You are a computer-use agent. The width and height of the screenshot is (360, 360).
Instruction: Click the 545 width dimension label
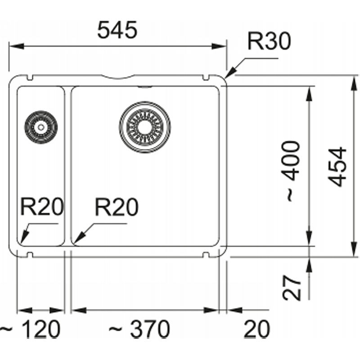coord(117,30)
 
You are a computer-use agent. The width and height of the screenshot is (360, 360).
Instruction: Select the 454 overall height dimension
coord(337,166)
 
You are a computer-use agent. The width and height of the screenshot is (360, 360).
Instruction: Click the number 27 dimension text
coord(292,288)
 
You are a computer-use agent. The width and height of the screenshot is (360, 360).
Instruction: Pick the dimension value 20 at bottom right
coord(256,329)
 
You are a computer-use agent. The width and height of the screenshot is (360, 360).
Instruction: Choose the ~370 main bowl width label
coord(139,329)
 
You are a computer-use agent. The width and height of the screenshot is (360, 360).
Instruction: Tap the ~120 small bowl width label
coord(30,329)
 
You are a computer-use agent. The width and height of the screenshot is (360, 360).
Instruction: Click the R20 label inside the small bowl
coord(42,207)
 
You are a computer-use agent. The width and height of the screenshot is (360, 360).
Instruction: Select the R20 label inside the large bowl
coord(117,207)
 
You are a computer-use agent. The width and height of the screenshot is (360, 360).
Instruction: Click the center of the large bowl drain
coord(144,127)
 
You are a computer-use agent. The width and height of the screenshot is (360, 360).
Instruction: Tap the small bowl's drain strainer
coord(41,127)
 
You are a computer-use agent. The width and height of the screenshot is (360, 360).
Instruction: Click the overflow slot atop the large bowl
coord(144,87)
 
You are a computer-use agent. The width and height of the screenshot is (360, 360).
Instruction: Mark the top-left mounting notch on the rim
coord(30,77)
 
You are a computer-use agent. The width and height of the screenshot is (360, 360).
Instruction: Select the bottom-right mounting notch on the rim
coord(206,255)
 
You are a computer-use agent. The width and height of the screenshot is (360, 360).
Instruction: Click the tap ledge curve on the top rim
coord(118,77)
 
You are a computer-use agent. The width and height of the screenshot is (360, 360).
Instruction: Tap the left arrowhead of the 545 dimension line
coord(17,46)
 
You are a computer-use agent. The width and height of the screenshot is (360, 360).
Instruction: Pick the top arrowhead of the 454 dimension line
coord(355,83)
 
